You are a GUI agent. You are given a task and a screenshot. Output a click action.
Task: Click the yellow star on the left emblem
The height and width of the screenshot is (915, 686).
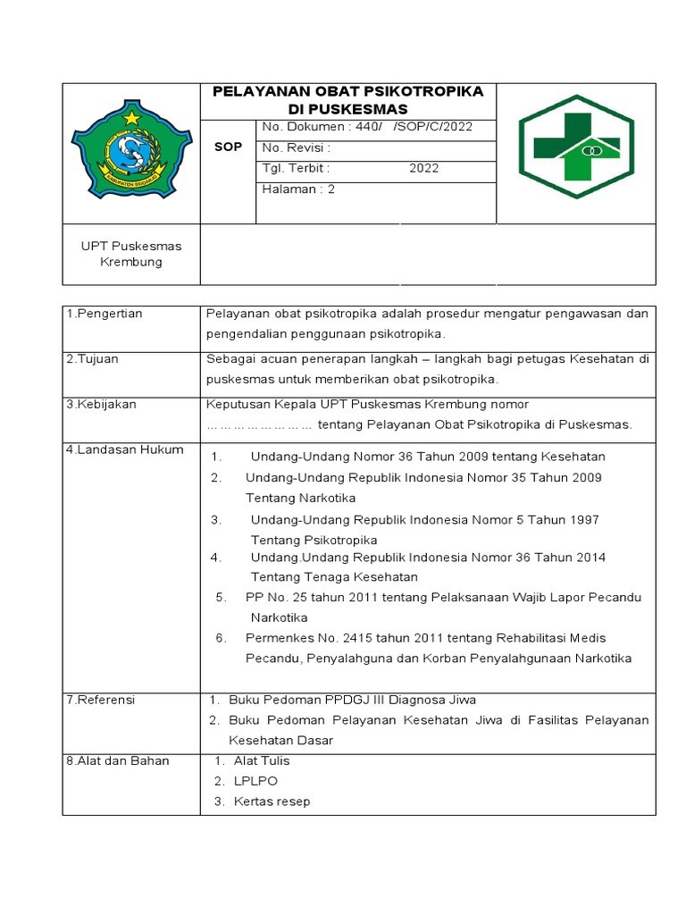(x=132, y=117)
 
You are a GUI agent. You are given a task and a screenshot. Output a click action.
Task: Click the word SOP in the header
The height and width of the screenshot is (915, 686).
(x=228, y=147)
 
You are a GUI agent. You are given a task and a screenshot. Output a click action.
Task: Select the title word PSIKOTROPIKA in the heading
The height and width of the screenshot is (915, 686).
(x=430, y=91)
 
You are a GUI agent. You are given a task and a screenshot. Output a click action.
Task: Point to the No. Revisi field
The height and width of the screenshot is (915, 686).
(x=296, y=147)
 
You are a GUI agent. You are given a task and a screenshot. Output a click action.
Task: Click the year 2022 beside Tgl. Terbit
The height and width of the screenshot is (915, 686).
(x=424, y=168)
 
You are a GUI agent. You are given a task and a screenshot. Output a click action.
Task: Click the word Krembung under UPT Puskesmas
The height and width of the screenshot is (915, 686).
(x=131, y=262)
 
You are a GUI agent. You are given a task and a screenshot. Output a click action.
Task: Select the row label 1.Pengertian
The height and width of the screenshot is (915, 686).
(x=105, y=314)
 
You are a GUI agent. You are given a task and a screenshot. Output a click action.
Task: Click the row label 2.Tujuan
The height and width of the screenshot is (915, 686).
(x=93, y=358)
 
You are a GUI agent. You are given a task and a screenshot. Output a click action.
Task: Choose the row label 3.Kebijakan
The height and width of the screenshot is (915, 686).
(x=102, y=404)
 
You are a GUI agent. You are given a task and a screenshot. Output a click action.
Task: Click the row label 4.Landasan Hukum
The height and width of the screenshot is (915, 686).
(x=125, y=449)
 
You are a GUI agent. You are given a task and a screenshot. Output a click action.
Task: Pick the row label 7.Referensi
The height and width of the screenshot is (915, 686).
(x=101, y=700)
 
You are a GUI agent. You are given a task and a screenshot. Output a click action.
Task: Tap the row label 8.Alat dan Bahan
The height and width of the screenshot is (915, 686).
(x=118, y=760)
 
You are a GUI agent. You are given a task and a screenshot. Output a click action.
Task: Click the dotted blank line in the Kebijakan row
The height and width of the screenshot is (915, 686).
(x=259, y=424)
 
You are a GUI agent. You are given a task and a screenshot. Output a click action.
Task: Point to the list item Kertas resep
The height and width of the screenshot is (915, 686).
(x=272, y=802)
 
